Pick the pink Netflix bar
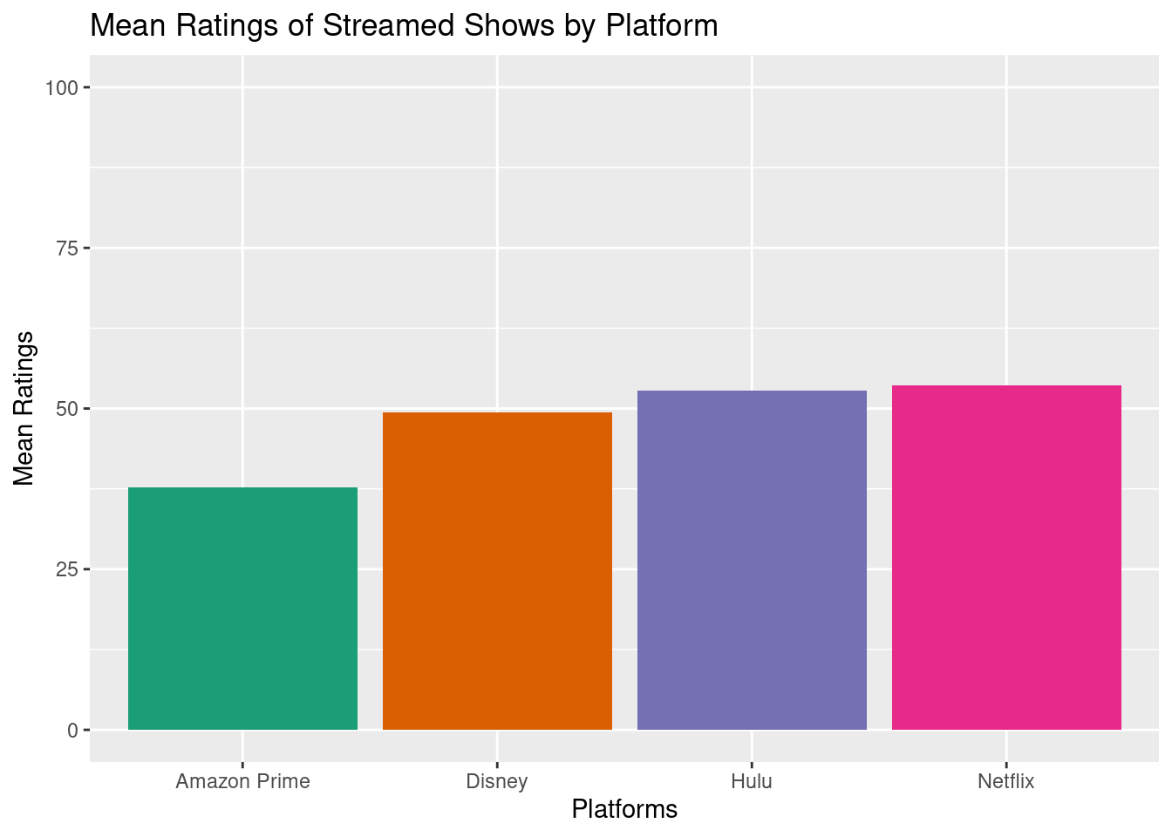point(1006,557)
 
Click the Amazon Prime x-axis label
point(242,781)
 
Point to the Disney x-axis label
point(497,781)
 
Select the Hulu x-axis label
point(752,781)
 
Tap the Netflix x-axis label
point(1006,781)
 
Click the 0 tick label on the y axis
point(73,731)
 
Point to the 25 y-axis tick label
point(68,570)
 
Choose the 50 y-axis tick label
point(68,409)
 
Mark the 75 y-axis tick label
point(68,248)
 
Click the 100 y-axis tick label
point(63,88)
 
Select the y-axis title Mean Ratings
point(24,408)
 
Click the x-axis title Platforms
point(624,810)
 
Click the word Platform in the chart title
point(662,26)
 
